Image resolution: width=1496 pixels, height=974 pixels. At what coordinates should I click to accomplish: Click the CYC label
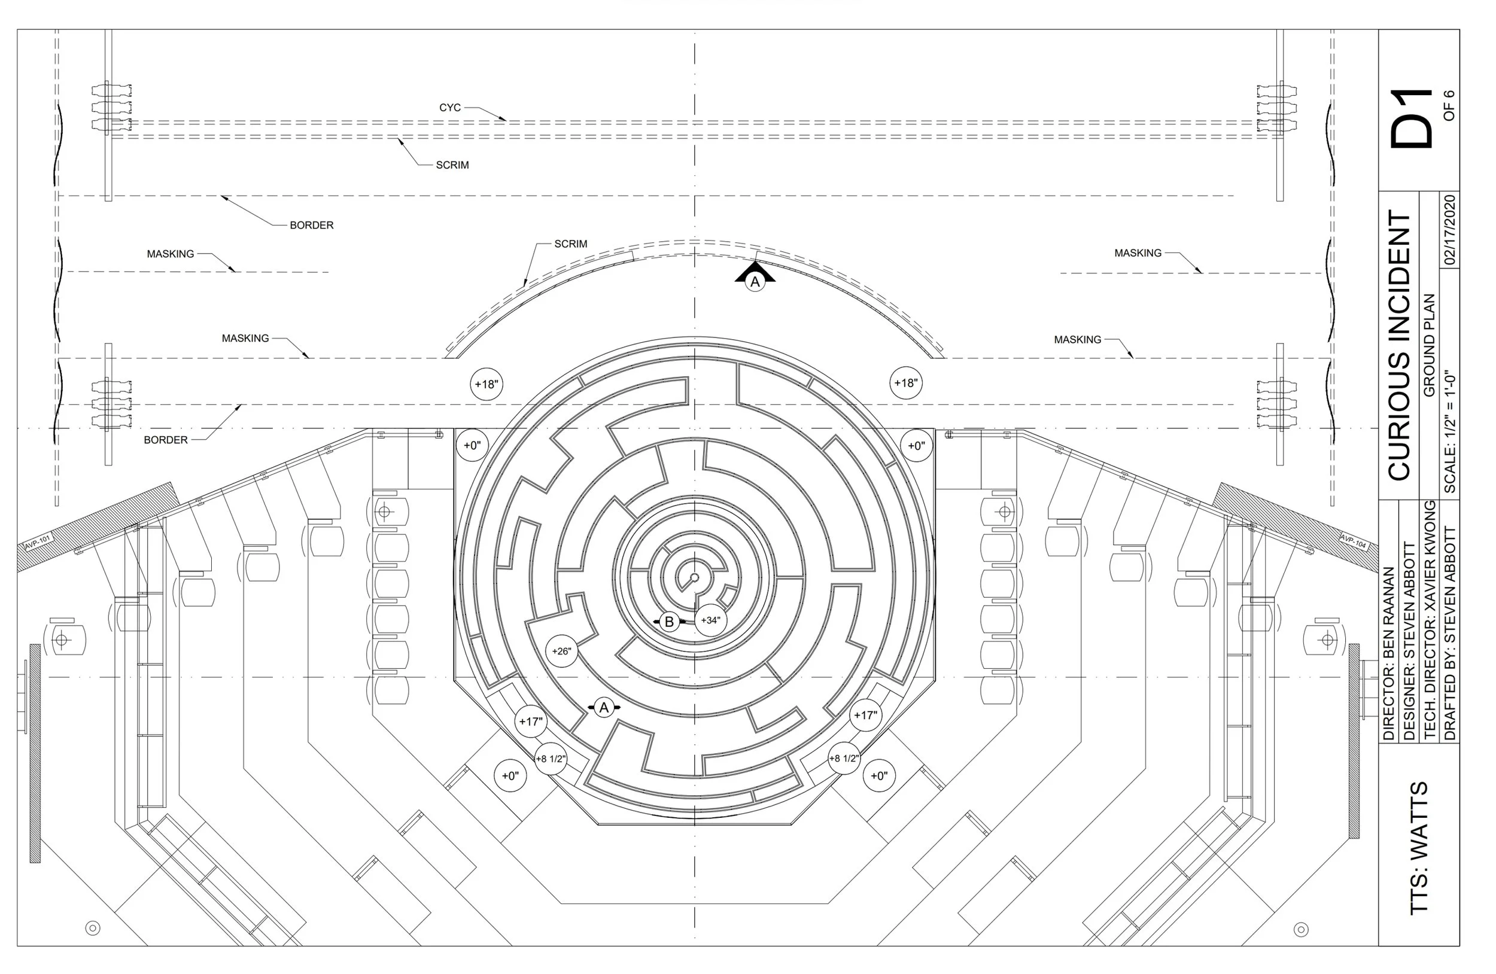(x=449, y=108)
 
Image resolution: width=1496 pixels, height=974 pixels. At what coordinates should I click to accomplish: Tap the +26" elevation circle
(x=561, y=651)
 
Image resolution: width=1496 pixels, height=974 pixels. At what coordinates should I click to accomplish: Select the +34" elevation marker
(x=710, y=620)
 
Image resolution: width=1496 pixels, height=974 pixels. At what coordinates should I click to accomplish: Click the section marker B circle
(x=669, y=622)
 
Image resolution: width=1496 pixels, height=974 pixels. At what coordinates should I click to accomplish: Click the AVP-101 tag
(x=37, y=542)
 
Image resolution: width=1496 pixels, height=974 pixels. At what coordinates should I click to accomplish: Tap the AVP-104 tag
(x=1353, y=540)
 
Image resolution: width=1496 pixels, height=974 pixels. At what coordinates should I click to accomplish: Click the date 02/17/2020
(x=1449, y=229)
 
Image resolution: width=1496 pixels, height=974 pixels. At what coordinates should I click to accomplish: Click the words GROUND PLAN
(x=1429, y=345)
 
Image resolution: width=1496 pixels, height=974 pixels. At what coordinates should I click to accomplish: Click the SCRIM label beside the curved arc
(x=570, y=244)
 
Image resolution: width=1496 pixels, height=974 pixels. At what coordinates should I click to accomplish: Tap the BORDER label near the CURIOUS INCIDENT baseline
(x=165, y=440)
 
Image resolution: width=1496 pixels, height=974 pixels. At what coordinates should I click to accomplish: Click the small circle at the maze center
(x=695, y=577)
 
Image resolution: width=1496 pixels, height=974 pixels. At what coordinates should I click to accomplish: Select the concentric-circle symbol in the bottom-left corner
(x=92, y=928)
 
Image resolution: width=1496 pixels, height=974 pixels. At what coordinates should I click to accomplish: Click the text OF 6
(x=1449, y=105)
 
